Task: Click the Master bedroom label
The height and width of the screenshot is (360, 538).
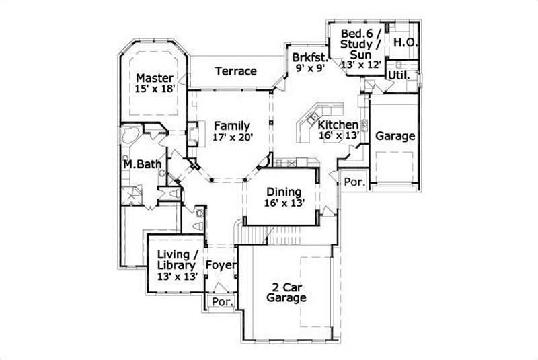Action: [x=153, y=78]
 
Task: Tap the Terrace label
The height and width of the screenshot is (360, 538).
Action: [x=235, y=71]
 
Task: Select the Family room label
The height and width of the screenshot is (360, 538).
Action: [x=232, y=125]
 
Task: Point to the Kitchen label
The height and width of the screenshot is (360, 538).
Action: [x=338, y=124]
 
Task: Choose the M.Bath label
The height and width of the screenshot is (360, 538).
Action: [x=140, y=164]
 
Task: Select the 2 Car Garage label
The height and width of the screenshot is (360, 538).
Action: [x=286, y=291]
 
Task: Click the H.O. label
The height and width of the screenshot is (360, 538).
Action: [x=406, y=42]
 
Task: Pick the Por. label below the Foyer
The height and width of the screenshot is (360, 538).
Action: [x=221, y=302]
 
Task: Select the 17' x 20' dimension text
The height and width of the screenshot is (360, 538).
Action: [x=231, y=137]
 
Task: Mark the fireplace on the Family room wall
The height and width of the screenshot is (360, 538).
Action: [x=193, y=133]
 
